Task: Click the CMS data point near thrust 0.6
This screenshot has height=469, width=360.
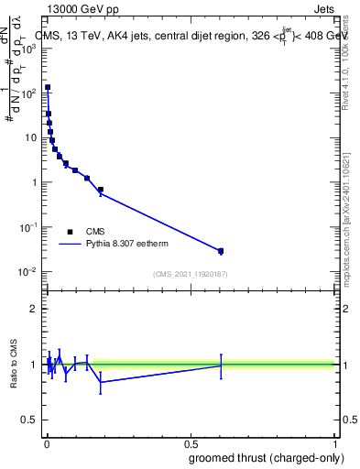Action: point(221,251)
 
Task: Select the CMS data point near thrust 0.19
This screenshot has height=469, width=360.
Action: point(101,190)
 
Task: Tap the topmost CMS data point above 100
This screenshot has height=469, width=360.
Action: point(48,88)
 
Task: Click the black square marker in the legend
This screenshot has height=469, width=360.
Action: point(69,232)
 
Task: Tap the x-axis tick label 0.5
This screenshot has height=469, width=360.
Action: point(191,443)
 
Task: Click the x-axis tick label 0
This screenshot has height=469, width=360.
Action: point(47,443)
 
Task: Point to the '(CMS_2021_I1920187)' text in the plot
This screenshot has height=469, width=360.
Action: point(191,274)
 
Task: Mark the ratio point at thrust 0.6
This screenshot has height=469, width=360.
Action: point(221,365)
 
